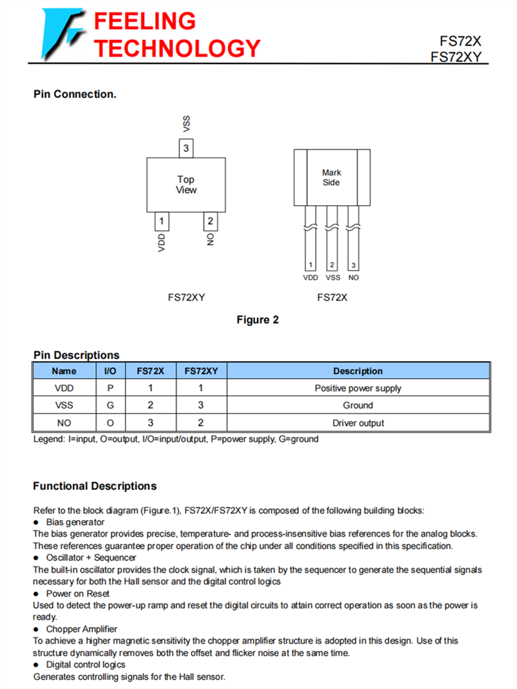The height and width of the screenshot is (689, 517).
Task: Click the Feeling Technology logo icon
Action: (63, 32)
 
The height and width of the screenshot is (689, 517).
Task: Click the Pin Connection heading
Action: (74, 94)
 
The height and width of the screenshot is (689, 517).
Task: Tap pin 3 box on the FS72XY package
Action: (185, 147)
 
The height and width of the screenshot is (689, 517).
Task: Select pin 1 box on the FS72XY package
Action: (161, 221)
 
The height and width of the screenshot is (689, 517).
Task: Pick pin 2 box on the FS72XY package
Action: (210, 221)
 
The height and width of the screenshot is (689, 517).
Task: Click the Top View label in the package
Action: (185, 185)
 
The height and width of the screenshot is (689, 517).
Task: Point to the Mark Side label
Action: (332, 178)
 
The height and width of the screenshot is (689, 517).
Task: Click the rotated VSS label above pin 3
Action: (186, 124)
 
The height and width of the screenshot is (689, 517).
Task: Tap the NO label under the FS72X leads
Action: (354, 278)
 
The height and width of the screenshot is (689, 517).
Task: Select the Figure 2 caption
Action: (257, 320)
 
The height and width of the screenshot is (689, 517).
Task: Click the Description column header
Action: (358, 371)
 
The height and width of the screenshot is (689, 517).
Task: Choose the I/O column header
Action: (110, 371)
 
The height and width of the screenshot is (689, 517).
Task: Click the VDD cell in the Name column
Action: (64, 389)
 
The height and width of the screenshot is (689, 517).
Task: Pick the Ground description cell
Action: (358, 406)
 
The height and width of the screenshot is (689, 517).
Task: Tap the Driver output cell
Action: (358, 423)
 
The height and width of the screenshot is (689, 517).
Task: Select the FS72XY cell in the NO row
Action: (201, 423)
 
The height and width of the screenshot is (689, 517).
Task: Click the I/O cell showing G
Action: (110, 406)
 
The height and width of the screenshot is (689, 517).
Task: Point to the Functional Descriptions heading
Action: (95, 486)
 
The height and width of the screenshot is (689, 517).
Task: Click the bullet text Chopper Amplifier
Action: (81, 628)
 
